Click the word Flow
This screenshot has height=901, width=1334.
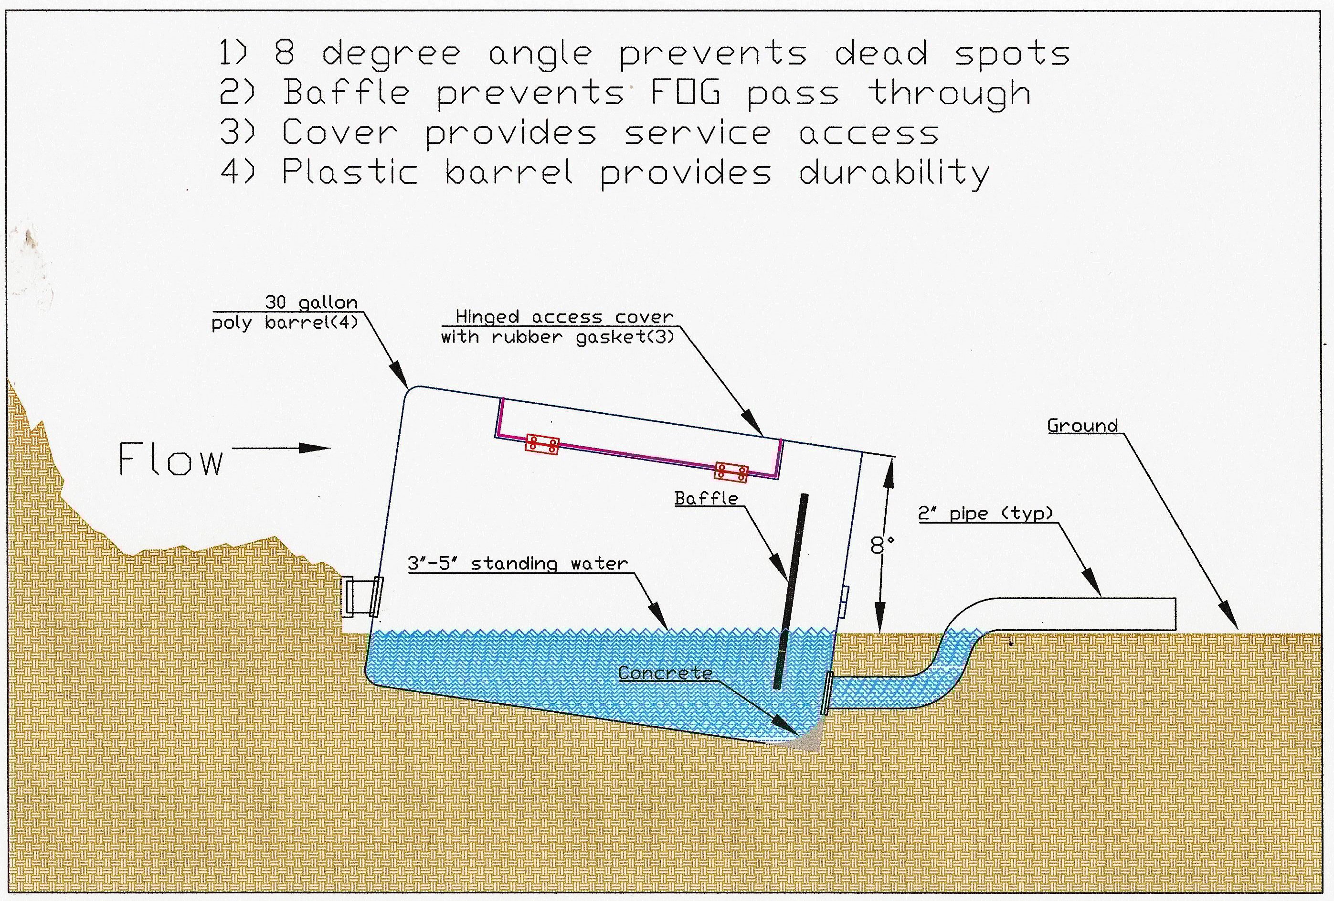click(170, 460)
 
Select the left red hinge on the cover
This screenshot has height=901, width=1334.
click(542, 444)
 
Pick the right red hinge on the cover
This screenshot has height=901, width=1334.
click(731, 472)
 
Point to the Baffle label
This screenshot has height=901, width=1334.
click(706, 498)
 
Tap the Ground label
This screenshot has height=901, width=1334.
click(1082, 426)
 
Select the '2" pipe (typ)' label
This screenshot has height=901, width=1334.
click(985, 513)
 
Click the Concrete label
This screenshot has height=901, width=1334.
click(665, 674)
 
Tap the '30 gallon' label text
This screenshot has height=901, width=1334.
click(311, 302)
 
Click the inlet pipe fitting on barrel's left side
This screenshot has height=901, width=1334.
click(361, 597)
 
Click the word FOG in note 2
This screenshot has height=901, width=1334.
click(685, 93)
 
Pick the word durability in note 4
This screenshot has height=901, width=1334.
click(894, 173)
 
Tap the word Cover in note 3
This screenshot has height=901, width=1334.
click(339, 133)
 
